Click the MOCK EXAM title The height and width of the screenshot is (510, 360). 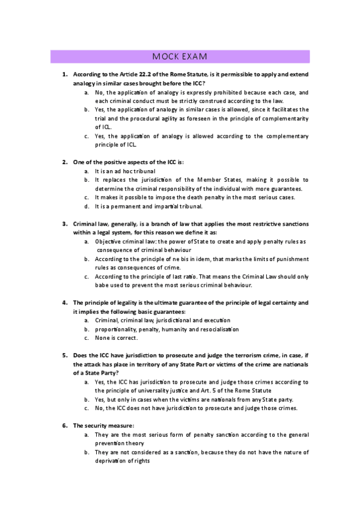coord(180,57)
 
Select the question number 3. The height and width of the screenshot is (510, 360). coord(65,224)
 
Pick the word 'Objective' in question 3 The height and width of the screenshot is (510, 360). coord(108,241)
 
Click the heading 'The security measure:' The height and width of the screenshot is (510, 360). coord(103,425)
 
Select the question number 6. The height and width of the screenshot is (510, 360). coord(65,425)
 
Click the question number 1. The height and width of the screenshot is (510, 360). coord(65,74)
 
